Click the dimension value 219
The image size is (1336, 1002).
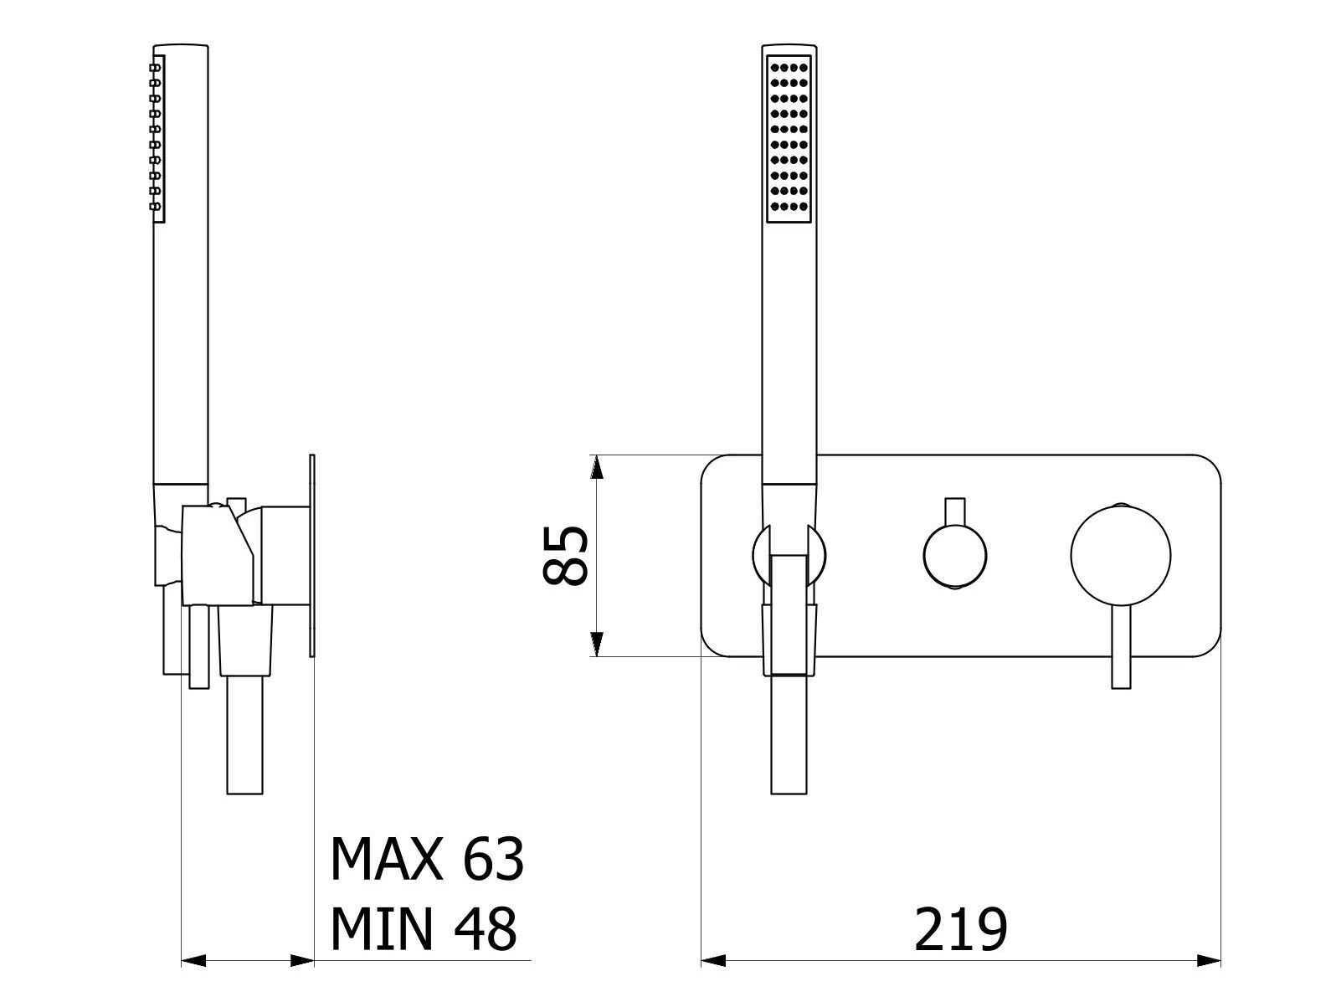pos(960,930)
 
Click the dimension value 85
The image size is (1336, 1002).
pos(565,556)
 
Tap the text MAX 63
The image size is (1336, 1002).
pos(427,860)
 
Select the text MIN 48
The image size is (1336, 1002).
pos(424,930)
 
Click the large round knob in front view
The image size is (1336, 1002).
pos(1121,555)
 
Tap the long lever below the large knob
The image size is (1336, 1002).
pos(1121,647)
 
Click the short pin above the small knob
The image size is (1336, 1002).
pos(954,511)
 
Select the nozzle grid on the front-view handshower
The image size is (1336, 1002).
pos(789,139)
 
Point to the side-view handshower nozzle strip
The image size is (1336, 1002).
pos(157,139)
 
